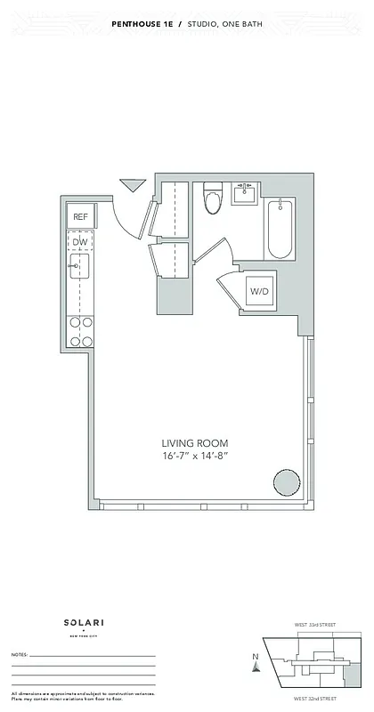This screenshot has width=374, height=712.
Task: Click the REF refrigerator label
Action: coord(80,216)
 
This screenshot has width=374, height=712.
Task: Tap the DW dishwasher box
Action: coord(80,242)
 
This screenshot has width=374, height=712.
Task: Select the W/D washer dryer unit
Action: coord(259,291)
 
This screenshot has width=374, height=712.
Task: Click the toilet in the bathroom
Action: coord(212,199)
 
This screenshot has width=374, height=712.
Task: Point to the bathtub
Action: coord(280,229)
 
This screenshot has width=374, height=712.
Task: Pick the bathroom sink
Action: coord(244,193)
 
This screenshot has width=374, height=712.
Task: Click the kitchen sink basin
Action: coord(80,266)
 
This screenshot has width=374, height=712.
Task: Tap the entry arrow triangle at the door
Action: coord(133,185)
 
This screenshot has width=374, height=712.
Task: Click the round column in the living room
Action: coord(286,483)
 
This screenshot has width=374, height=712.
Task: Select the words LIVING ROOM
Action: coord(195,443)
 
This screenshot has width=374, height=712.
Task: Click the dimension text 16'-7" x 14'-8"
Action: coord(195,457)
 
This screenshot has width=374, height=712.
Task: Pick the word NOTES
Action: coord(20,654)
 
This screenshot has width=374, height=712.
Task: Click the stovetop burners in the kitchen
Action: coord(81,331)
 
